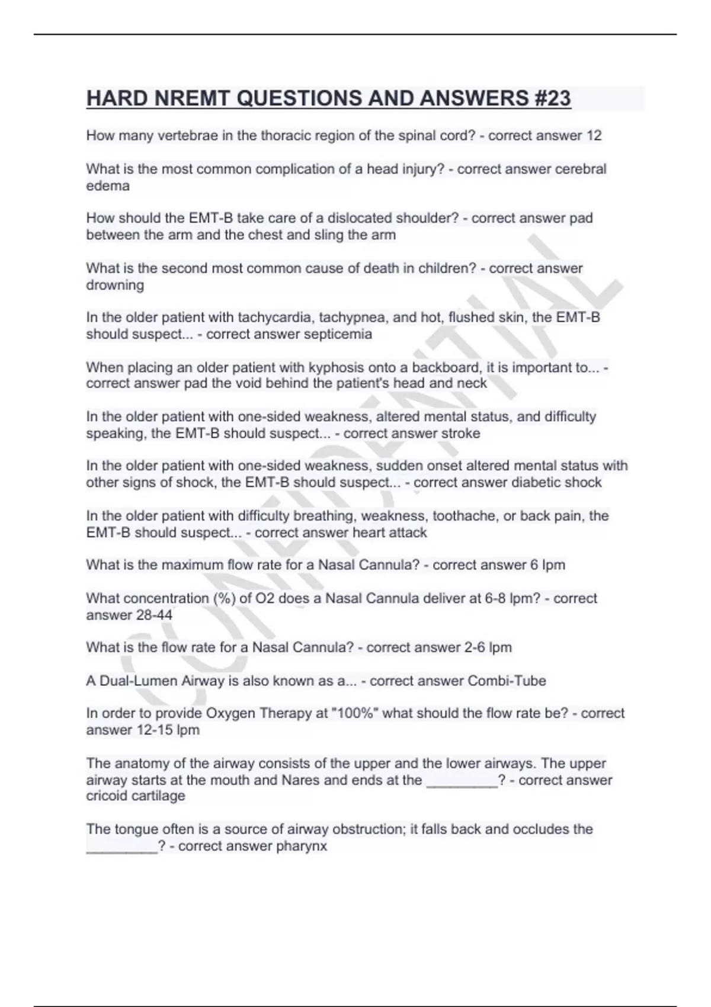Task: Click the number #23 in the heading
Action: click(552, 98)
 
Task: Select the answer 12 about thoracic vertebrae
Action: click(594, 136)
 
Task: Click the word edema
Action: click(107, 186)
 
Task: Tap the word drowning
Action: click(115, 285)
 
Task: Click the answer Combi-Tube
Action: click(507, 681)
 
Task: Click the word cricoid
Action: click(110, 796)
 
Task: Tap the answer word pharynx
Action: click(303, 846)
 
